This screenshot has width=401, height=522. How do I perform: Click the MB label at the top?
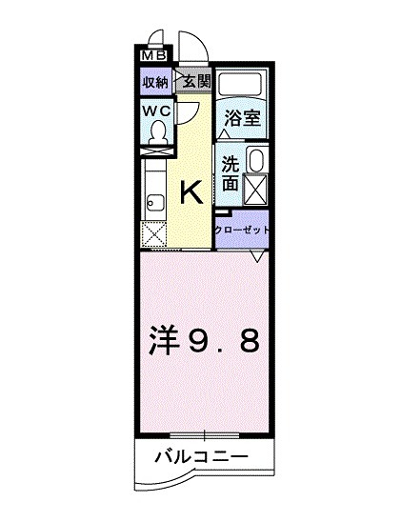[x=152, y=56]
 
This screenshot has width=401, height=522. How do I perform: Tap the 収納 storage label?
[x=156, y=82]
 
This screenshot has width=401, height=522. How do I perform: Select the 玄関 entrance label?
[x=192, y=82]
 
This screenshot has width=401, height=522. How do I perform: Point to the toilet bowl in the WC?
[x=157, y=136]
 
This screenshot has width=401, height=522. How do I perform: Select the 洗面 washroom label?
[x=231, y=172]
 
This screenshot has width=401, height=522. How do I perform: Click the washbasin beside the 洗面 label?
[x=255, y=159]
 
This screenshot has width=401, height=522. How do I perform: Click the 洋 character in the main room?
[x=166, y=340]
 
